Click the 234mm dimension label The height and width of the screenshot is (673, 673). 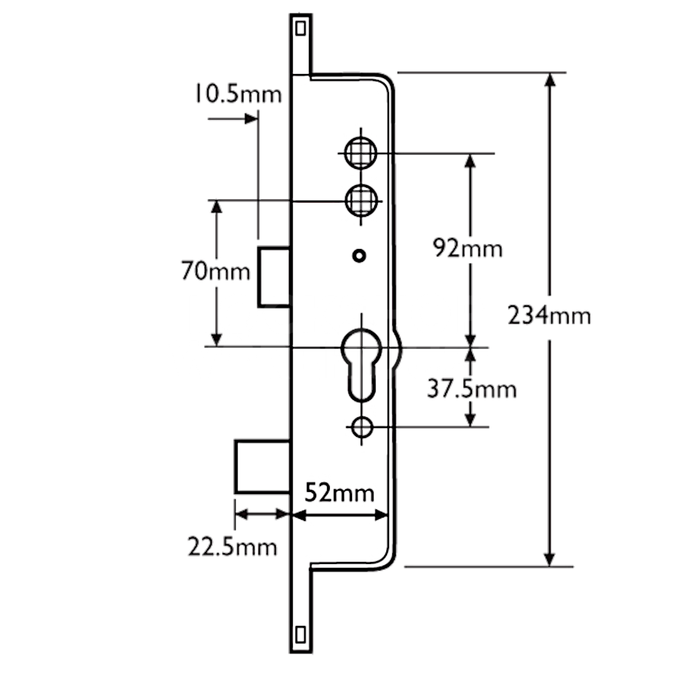(549, 315)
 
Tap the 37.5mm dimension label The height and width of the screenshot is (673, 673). (472, 388)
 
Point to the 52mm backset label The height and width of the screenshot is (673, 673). (339, 493)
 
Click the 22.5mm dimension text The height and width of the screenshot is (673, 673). (232, 546)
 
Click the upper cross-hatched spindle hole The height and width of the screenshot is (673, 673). (360, 153)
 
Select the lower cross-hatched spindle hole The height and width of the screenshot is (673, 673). (360, 200)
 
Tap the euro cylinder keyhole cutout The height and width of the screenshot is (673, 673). (361, 363)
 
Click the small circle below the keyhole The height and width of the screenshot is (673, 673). (362, 426)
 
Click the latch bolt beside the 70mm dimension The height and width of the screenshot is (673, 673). (275, 277)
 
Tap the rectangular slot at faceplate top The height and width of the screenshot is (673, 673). (300, 28)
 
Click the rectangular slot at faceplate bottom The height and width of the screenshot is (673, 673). (300, 635)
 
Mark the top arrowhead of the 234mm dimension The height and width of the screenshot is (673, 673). (550, 79)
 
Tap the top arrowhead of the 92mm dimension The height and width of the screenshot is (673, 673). (470, 161)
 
